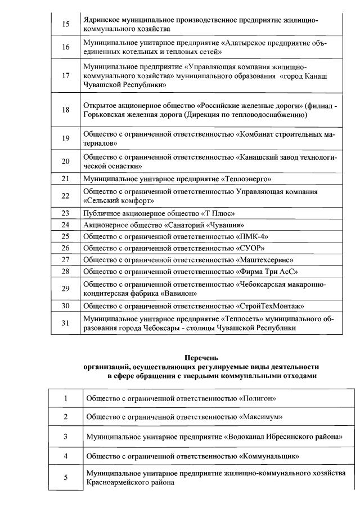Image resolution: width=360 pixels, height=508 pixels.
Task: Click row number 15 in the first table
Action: point(65,24)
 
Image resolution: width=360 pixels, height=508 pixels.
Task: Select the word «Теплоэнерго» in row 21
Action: point(248,179)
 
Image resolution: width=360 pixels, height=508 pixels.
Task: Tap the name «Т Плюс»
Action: point(218,214)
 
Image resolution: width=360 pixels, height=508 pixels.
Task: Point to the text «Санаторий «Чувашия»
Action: point(191,225)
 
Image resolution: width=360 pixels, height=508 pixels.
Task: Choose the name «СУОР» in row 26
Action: point(251,248)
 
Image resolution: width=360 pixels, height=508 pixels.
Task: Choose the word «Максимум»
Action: point(261,417)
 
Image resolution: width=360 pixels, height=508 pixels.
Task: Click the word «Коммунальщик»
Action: point(269,456)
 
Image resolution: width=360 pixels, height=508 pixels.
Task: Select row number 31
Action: point(65,323)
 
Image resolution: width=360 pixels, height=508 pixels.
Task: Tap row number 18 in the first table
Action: point(65,110)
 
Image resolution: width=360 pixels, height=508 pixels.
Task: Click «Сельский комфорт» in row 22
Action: point(119,201)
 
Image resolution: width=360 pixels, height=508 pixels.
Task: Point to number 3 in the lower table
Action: point(65,436)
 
